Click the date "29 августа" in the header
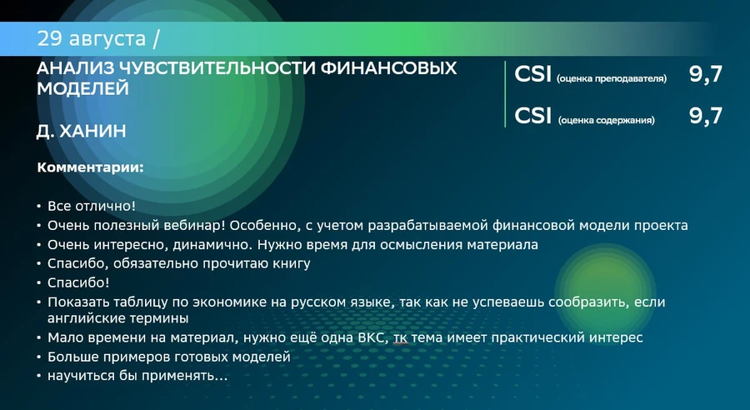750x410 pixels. coord(92,39)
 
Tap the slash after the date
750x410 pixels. coord(156,39)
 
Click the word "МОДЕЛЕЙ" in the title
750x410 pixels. coord(82,88)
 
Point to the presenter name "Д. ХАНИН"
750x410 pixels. coord(82,131)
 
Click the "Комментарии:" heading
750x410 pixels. coord(90,168)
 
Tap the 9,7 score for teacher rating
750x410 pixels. coord(706,75)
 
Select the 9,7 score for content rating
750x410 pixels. coord(706,117)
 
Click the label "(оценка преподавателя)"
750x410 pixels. coord(612,78)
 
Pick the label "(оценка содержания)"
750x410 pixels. coord(606,120)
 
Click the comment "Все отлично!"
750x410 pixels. coord(92,206)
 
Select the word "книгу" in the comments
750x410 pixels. coord(292,263)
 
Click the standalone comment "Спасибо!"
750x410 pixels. coord(78,282)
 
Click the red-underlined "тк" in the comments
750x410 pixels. coord(401,338)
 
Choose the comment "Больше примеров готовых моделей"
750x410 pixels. coord(169,357)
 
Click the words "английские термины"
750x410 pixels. coord(117,318)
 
